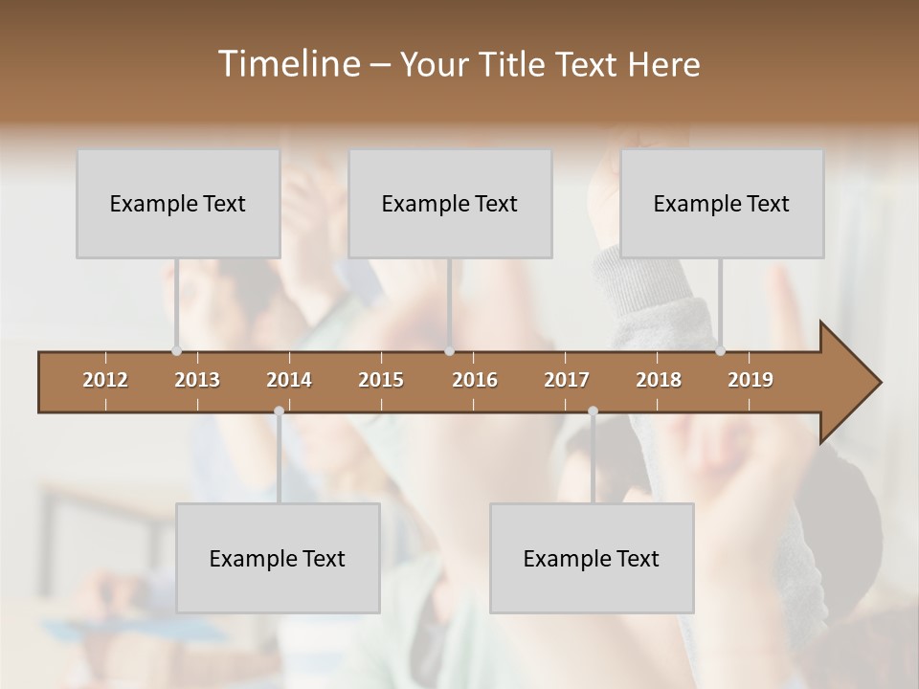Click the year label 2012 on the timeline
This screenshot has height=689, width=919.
(105, 380)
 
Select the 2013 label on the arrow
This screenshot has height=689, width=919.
(197, 380)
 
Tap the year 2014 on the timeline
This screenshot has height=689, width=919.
(289, 380)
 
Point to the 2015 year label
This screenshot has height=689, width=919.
(381, 380)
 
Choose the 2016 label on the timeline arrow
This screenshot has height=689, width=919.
(475, 380)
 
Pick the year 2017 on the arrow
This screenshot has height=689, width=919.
(567, 380)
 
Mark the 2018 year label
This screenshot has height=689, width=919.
(659, 380)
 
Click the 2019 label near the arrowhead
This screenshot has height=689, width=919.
(751, 380)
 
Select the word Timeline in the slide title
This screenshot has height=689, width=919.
(287, 64)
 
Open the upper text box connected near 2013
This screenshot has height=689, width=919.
(178, 204)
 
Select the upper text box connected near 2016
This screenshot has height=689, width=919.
(450, 204)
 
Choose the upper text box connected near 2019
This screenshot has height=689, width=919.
(722, 204)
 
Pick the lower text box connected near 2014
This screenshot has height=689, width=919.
(278, 559)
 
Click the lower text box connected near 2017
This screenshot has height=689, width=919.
(592, 559)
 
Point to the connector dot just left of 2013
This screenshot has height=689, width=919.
(176, 351)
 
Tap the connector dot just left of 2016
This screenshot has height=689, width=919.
(450, 351)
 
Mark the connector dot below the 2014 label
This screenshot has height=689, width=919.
(279, 411)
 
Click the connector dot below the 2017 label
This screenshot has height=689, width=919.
(593, 411)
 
